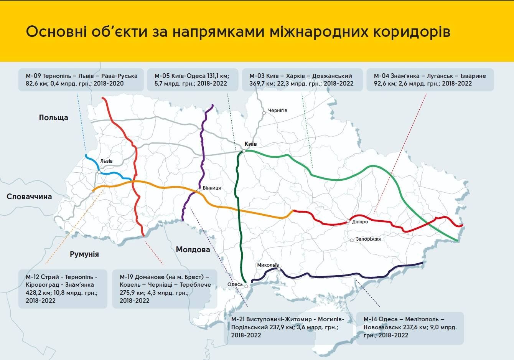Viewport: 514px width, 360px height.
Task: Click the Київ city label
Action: (x=250, y=144)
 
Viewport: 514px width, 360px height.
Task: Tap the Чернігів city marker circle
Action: (x=264, y=113)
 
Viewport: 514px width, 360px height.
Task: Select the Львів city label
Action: (x=106, y=161)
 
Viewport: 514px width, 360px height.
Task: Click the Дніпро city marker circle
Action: (x=348, y=221)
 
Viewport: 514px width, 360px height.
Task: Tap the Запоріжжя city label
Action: (x=368, y=239)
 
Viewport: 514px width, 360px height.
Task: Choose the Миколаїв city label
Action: (x=268, y=265)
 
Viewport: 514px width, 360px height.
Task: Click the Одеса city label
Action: (x=235, y=284)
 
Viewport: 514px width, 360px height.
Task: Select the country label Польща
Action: (x=53, y=117)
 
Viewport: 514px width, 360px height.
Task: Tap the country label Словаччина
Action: (x=29, y=197)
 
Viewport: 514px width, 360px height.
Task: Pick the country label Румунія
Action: (x=84, y=254)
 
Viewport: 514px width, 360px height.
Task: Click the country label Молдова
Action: (x=193, y=249)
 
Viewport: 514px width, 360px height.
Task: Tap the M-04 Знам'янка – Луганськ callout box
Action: (x=430, y=80)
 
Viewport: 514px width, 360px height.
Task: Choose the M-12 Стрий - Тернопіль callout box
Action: (x=63, y=289)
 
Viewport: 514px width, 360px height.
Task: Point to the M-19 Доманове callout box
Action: (x=165, y=289)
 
